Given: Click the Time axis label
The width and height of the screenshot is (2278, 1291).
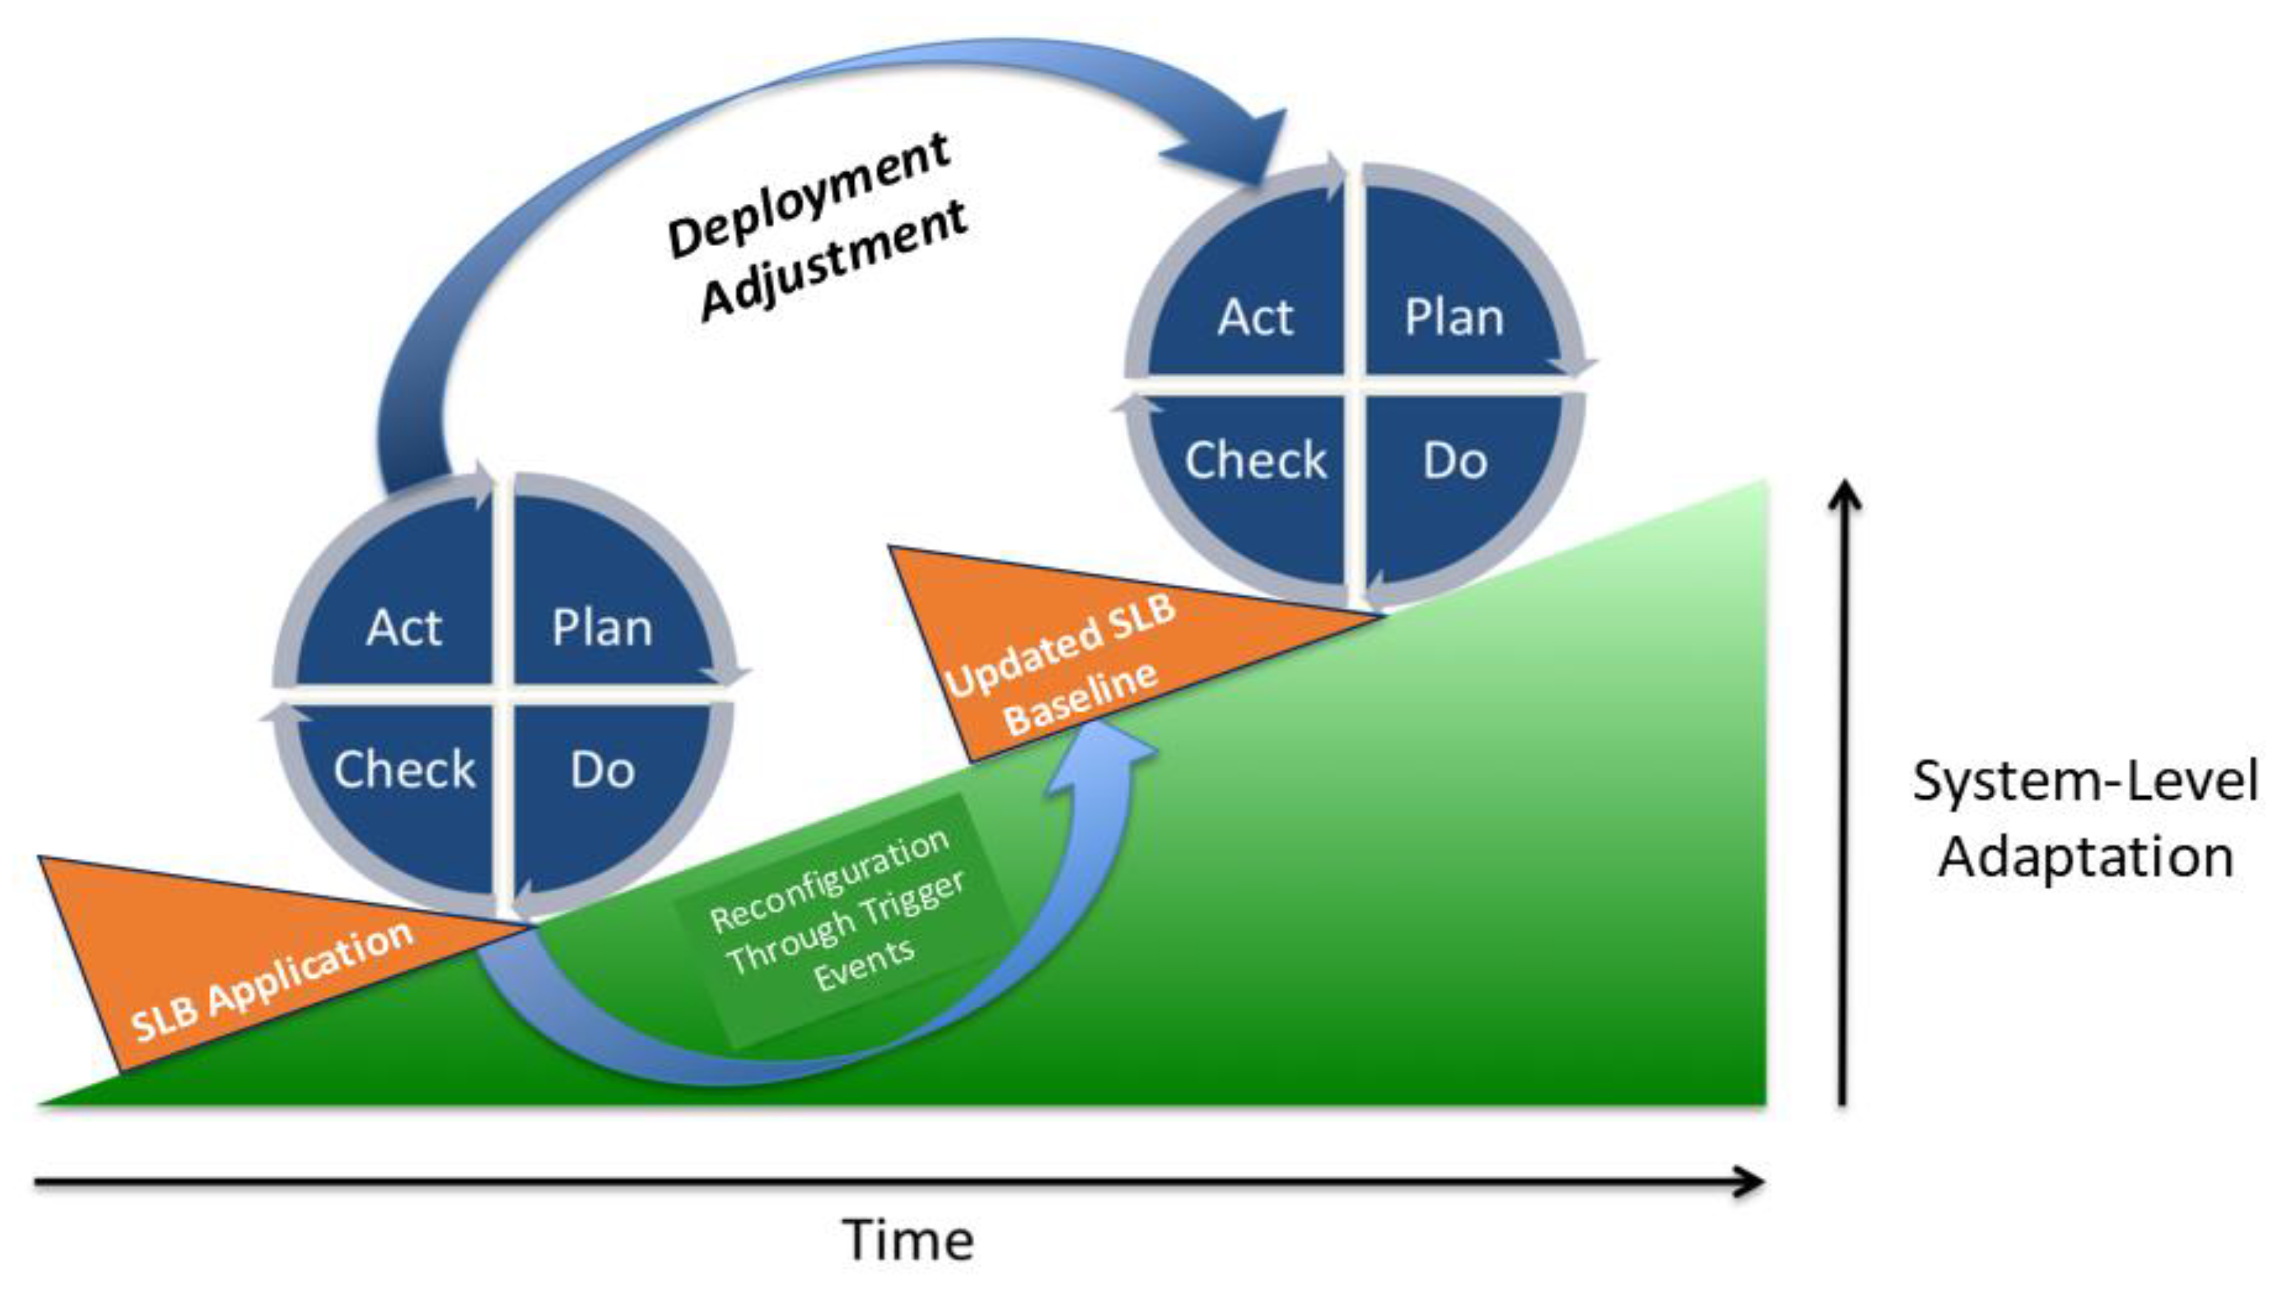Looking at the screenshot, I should point(907,1239).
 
